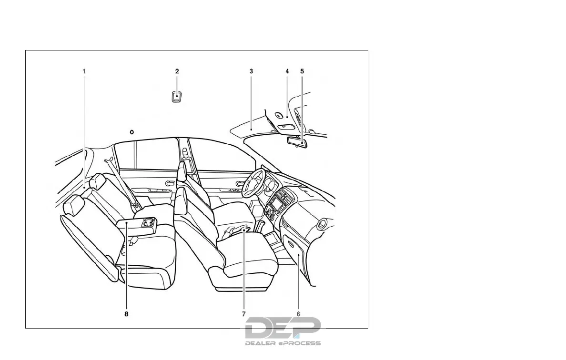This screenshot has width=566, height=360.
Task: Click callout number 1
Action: (x=84, y=71)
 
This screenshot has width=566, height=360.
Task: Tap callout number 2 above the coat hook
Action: (x=177, y=71)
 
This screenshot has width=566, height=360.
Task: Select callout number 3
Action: (x=251, y=71)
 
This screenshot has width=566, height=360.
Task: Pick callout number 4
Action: (x=287, y=71)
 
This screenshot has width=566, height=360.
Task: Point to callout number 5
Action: (x=302, y=71)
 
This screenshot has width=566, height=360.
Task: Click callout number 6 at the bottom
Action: (x=298, y=314)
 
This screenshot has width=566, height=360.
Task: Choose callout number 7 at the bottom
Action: (x=243, y=314)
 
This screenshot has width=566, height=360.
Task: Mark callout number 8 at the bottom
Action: (x=126, y=314)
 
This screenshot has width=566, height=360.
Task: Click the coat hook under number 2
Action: (x=177, y=97)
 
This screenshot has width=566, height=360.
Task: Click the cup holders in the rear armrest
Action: (x=148, y=221)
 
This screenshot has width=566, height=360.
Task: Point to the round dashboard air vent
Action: (x=324, y=222)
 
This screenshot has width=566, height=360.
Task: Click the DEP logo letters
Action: (x=283, y=328)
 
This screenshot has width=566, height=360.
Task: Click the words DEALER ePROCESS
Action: (x=283, y=343)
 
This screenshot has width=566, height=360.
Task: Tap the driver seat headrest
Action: (x=181, y=171)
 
